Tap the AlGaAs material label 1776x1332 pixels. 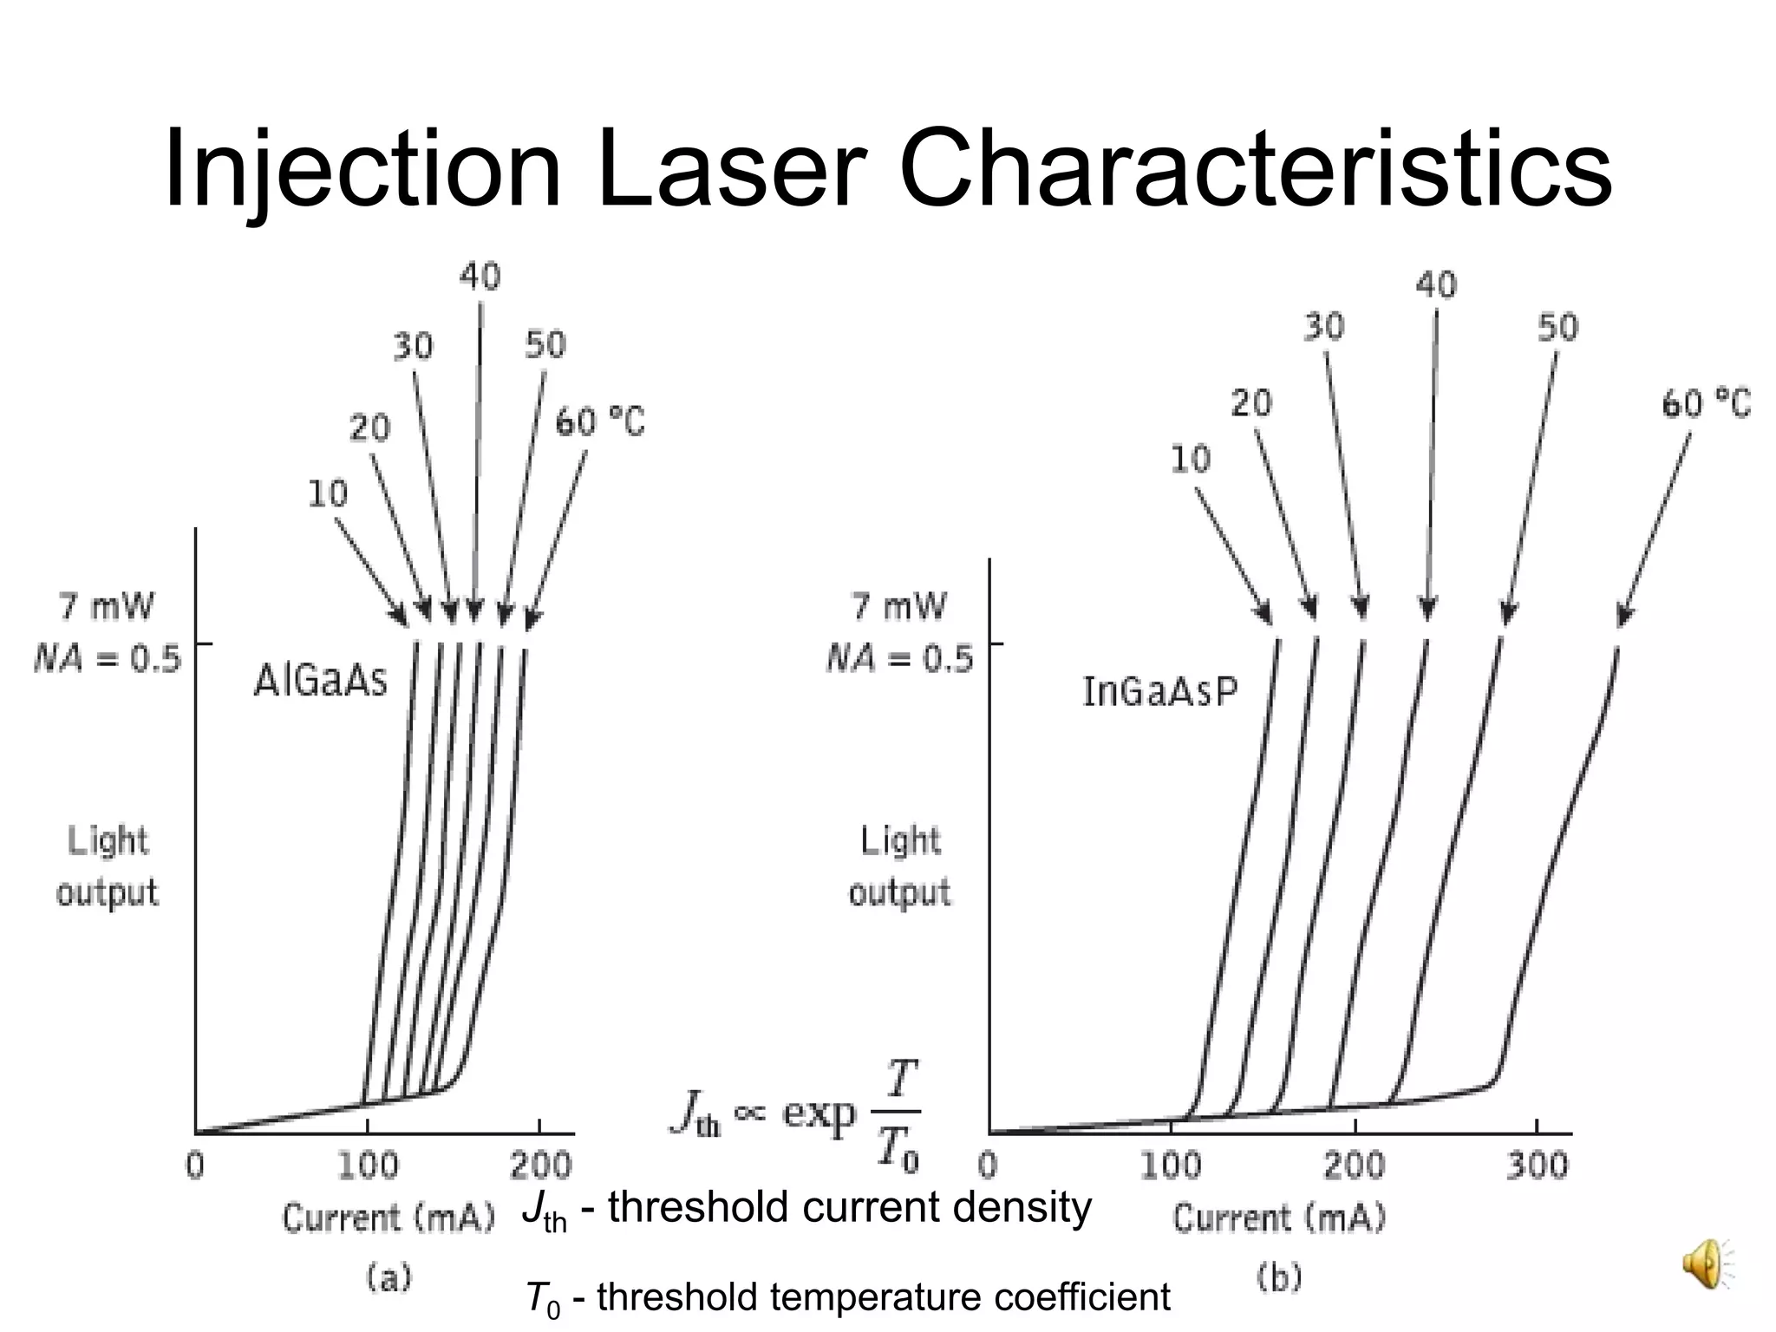[x=320, y=681]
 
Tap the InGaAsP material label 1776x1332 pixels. [x=1160, y=692]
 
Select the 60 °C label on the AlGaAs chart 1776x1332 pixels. [x=600, y=422]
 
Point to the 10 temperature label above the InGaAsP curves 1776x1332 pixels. [x=1190, y=459]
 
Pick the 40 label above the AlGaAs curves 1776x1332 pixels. [x=480, y=277]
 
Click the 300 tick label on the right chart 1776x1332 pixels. [x=1537, y=1165]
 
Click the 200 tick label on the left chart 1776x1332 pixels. [x=539, y=1165]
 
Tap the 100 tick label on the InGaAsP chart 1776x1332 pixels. [x=1170, y=1165]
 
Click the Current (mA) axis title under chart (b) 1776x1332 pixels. [x=1279, y=1218]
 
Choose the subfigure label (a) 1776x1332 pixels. [x=388, y=1277]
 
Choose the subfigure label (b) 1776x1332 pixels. [x=1279, y=1277]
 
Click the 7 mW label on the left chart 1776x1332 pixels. [x=106, y=606]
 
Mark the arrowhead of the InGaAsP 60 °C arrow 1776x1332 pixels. [x=1623, y=617]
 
